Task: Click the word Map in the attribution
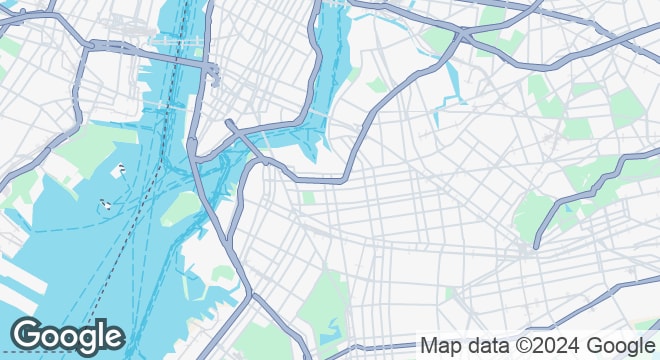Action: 440,346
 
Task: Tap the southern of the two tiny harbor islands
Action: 104,206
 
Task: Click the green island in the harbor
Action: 183,207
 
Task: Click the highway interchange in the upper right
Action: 461,36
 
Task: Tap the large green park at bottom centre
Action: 325,300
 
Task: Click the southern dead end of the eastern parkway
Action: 538,244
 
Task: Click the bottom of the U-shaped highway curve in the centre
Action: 320,181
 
